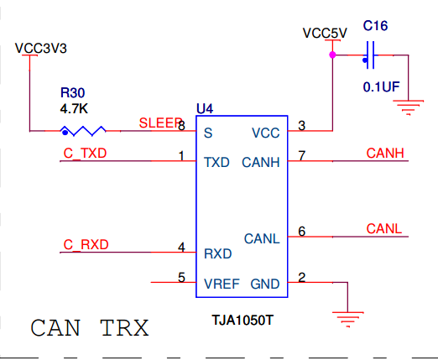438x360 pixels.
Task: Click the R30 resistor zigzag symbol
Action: pyautogui.click(x=83, y=131)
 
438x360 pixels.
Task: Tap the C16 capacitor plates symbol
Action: pyautogui.click(x=370, y=55)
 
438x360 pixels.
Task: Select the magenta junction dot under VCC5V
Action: pyautogui.click(x=332, y=55)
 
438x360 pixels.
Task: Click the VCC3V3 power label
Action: pyautogui.click(x=41, y=49)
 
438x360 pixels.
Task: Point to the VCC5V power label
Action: pyautogui.click(x=325, y=34)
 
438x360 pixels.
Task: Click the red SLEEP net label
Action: pyautogui.click(x=160, y=123)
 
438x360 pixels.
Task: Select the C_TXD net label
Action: pyautogui.click(x=85, y=154)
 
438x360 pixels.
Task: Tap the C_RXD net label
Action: pyautogui.click(x=86, y=245)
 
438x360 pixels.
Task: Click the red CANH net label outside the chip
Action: pyautogui.click(x=385, y=154)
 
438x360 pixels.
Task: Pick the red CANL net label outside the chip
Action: pyautogui.click(x=384, y=229)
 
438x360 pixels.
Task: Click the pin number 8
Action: pyautogui.click(x=181, y=126)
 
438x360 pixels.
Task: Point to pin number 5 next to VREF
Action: pyautogui.click(x=181, y=278)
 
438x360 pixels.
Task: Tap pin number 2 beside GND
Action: pyautogui.click(x=302, y=278)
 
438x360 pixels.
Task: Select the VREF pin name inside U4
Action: pyautogui.click(x=222, y=284)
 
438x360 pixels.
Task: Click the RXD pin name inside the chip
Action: pyautogui.click(x=218, y=254)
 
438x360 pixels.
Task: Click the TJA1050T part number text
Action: pyautogui.click(x=242, y=320)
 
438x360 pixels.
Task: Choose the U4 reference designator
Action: pyautogui.click(x=205, y=108)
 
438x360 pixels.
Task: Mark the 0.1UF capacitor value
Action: pyautogui.click(x=381, y=87)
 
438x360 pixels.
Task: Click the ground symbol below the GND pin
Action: pyautogui.click(x=348, y=319)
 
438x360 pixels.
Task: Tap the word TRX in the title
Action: pyautogui.click(x=124, y=328)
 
